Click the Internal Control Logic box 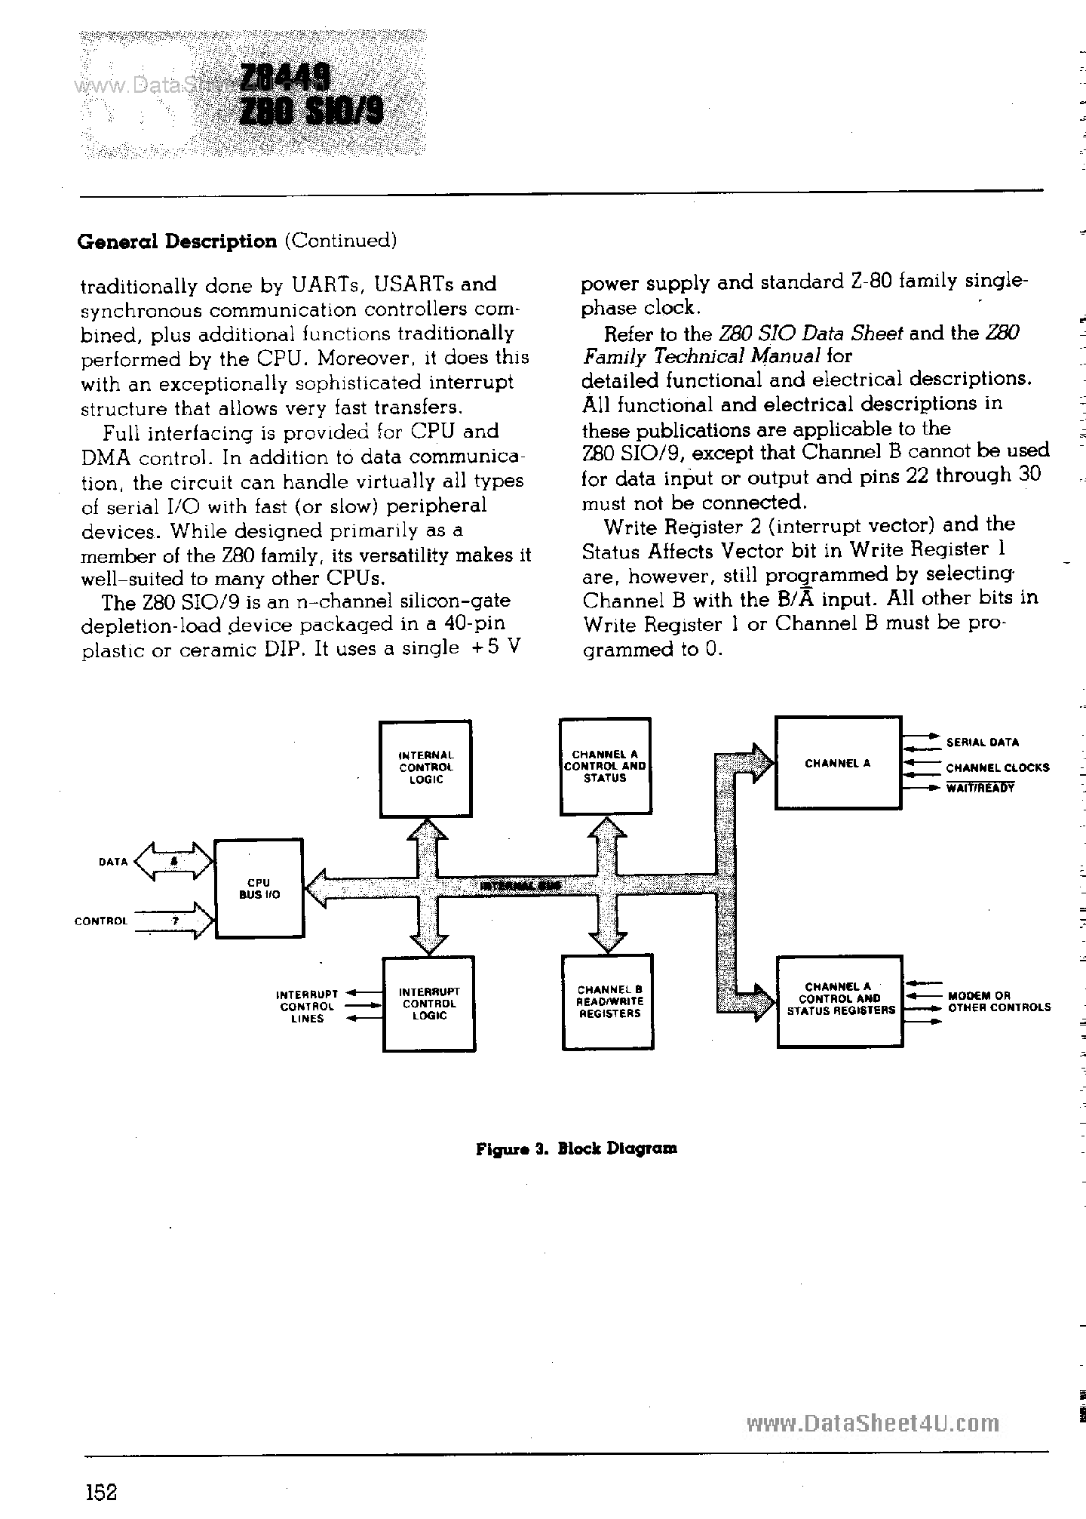click(425, 768)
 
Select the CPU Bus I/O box click(259, 888)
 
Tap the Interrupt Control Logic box click(428, 1004)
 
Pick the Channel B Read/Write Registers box click(608, 1002)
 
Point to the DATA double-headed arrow click(174, 862)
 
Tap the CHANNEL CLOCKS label click(997, 768)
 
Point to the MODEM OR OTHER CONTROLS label click(999, 1001)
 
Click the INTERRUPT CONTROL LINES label click(307, 1007)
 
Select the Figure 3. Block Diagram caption click(576, 1148)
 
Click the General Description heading click(178, 241)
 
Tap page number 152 click(101, 1492)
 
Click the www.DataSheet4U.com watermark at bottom click(873, 1423)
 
